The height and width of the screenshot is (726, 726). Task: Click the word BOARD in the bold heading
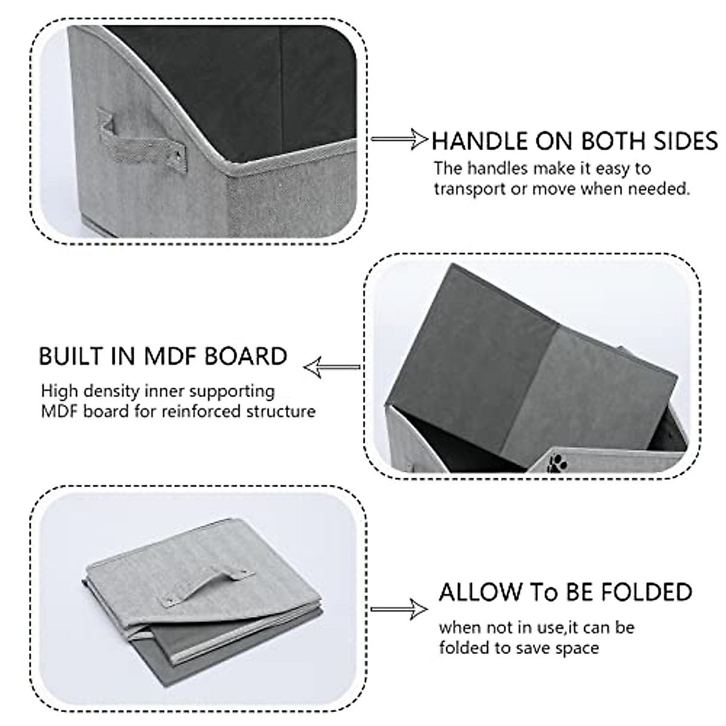pos(246,356)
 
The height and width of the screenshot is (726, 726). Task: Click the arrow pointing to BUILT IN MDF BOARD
pos(332,367)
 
